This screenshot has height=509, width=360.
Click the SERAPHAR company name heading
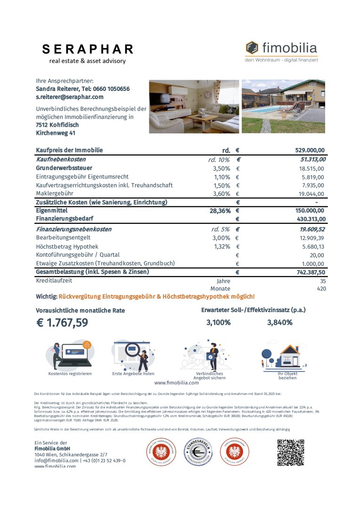tap(88, 49)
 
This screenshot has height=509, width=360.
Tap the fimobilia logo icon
tap(252, 48)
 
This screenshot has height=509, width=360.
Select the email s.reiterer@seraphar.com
tap(69, 97)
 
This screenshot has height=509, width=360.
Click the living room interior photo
tap(194, 107)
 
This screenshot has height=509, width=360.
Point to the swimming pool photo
tap(283, 107)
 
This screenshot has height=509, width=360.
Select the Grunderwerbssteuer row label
tap(64, 168)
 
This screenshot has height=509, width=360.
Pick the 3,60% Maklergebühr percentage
tap(221, 193)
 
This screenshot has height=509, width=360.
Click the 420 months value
tap(321, 288)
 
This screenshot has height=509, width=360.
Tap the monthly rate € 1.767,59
tap(62, 323)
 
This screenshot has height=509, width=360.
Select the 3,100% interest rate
tap(219, 322)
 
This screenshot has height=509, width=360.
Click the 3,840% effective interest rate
tap(280, 322)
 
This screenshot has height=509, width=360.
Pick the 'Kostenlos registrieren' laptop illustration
tap(70, 354)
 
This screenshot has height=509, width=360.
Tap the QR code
tap(290, 452)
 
